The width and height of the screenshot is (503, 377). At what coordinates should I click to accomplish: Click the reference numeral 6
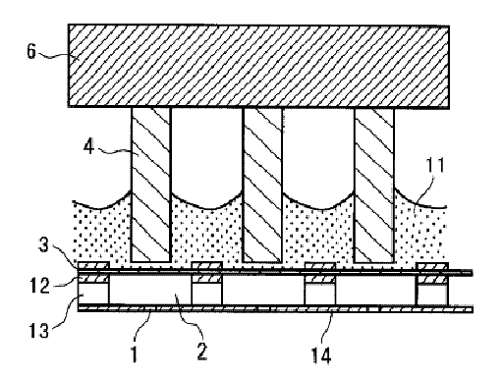pyautogui.click(x=31, y=52)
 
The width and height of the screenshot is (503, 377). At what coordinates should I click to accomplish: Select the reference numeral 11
pyautogui.click(x=435, y=165)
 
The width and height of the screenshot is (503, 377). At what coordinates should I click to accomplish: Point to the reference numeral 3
pyautogui.click(x=44, y=244)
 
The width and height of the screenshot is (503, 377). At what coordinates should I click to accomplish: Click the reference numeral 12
pyautogui.click(x=39, y=286)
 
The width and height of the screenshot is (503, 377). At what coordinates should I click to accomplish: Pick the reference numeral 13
pyautogui.click(x=39, y=330)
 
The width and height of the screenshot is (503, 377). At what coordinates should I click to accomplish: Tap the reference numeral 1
pyautogui.click(x=134, y=353)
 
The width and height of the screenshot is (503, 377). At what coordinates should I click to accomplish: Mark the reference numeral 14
pyautogui.click(x=321, y=355)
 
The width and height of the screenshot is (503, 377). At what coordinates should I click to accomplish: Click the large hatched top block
pyautogui.click(x=258, y=66)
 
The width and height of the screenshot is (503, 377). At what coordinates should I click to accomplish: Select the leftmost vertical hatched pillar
pyautogui.click(x=151, y=185)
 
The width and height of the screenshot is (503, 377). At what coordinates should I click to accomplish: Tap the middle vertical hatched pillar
pyautogui.click(x=262, y=186)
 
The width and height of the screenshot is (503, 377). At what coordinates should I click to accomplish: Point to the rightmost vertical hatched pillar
pyautogui.click(x=374, y=186)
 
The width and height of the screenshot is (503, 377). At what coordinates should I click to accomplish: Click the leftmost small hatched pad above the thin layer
pyautogui.click(x=93, y=265)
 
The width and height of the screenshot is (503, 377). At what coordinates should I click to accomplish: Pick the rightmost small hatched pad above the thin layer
pyautogui.click(x=432, y=266)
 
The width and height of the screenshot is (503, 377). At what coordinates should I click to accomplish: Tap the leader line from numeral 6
pyautogui.click(x=54, y=56)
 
